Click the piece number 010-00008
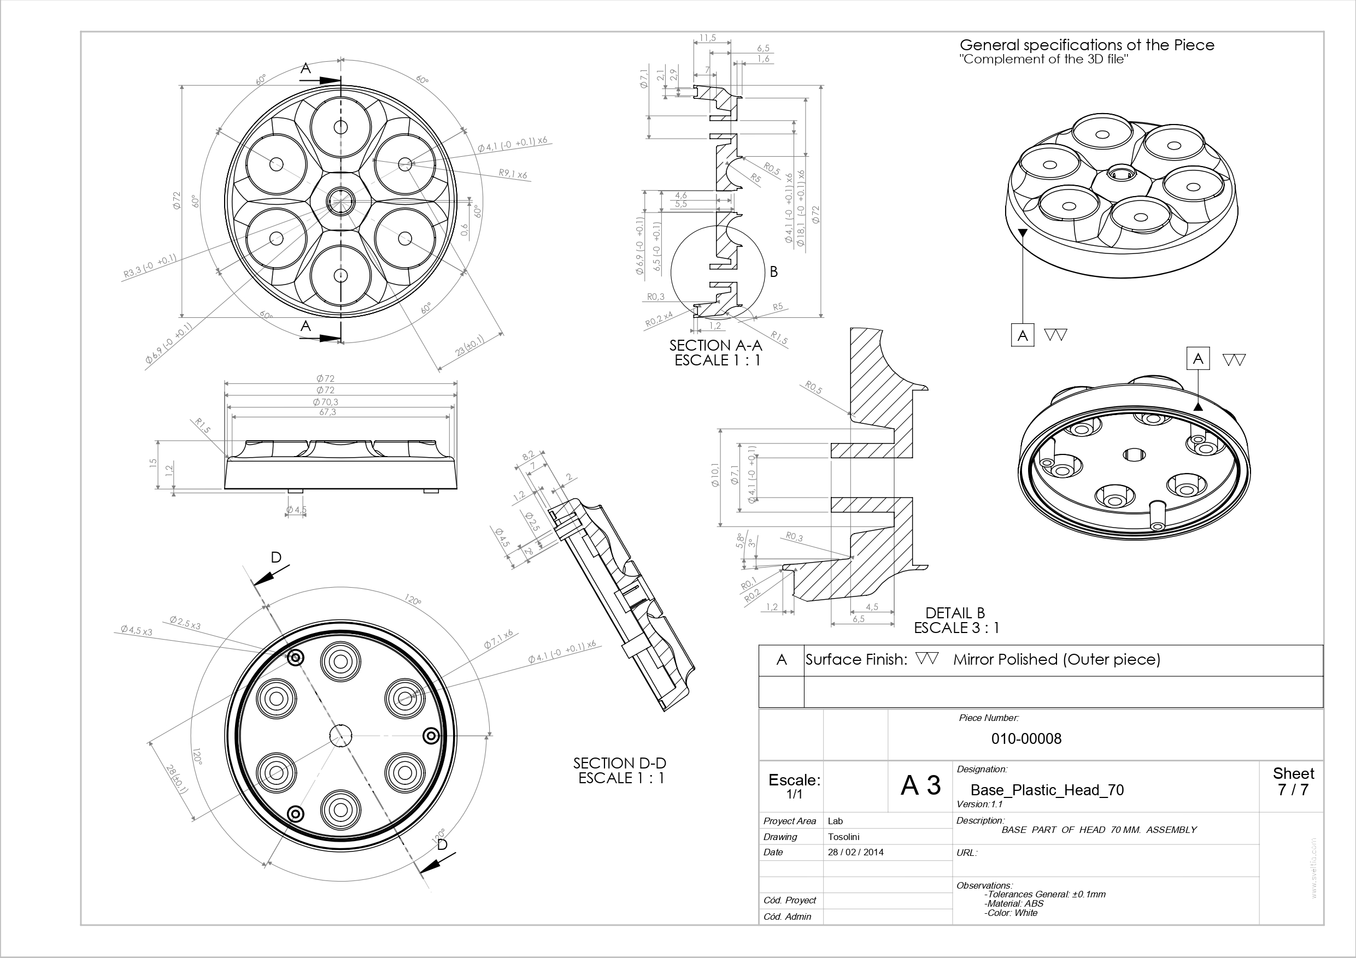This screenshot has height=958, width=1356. coord(1026,738)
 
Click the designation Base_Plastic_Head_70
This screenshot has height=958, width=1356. coord(1047,790)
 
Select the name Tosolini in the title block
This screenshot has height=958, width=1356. coord(843,836)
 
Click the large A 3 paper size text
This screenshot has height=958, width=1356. coord(920,785)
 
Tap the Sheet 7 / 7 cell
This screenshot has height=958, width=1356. coord(1293,782)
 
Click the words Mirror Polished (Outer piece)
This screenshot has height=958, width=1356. coord(1056,659)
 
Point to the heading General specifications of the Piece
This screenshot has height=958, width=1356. coord(1087,45)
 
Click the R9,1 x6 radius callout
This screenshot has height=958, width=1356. coord(513,174)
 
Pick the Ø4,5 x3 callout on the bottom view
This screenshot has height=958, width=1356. coord(137,630)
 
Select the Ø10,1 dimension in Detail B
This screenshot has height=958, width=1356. coord(715,475)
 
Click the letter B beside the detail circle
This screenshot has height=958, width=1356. coord(774,272)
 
